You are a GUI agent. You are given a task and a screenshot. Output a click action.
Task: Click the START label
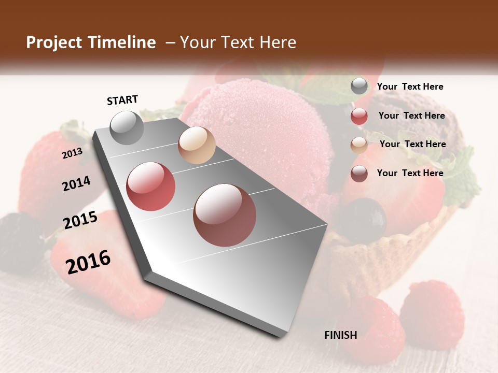[x=122, y=100]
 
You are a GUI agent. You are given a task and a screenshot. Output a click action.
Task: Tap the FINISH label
[x=341, y=335]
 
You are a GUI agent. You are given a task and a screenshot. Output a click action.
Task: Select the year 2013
[x=72, y=153]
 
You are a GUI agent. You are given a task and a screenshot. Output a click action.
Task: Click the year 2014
[x=76, y=183]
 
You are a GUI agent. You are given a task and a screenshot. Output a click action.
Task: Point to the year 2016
[x=88, y=262]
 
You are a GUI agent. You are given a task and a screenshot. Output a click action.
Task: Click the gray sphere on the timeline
[x=127, y=127]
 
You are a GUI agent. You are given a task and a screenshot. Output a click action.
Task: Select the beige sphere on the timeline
[x=197, y=145]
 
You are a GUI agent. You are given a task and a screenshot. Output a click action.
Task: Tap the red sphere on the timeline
[x=151, y=187]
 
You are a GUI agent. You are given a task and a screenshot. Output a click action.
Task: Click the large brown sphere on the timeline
[x=225, y=215]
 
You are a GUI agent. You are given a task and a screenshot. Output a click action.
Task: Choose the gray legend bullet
[x=359, y=87]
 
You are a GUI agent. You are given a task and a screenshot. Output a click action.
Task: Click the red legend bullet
[x=359, y=116]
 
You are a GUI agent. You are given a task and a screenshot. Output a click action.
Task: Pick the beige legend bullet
[x=359, y=145]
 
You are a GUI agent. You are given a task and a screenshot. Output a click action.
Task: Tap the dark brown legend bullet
[x=359, y=174]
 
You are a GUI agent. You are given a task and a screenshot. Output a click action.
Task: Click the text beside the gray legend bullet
[x=410, y=87]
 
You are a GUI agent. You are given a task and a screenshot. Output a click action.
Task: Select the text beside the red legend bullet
[x=411, y=116]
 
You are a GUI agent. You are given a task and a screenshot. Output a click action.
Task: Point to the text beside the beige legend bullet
[x=412, y=144]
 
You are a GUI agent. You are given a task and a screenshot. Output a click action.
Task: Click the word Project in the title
[x=54, y=42]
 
